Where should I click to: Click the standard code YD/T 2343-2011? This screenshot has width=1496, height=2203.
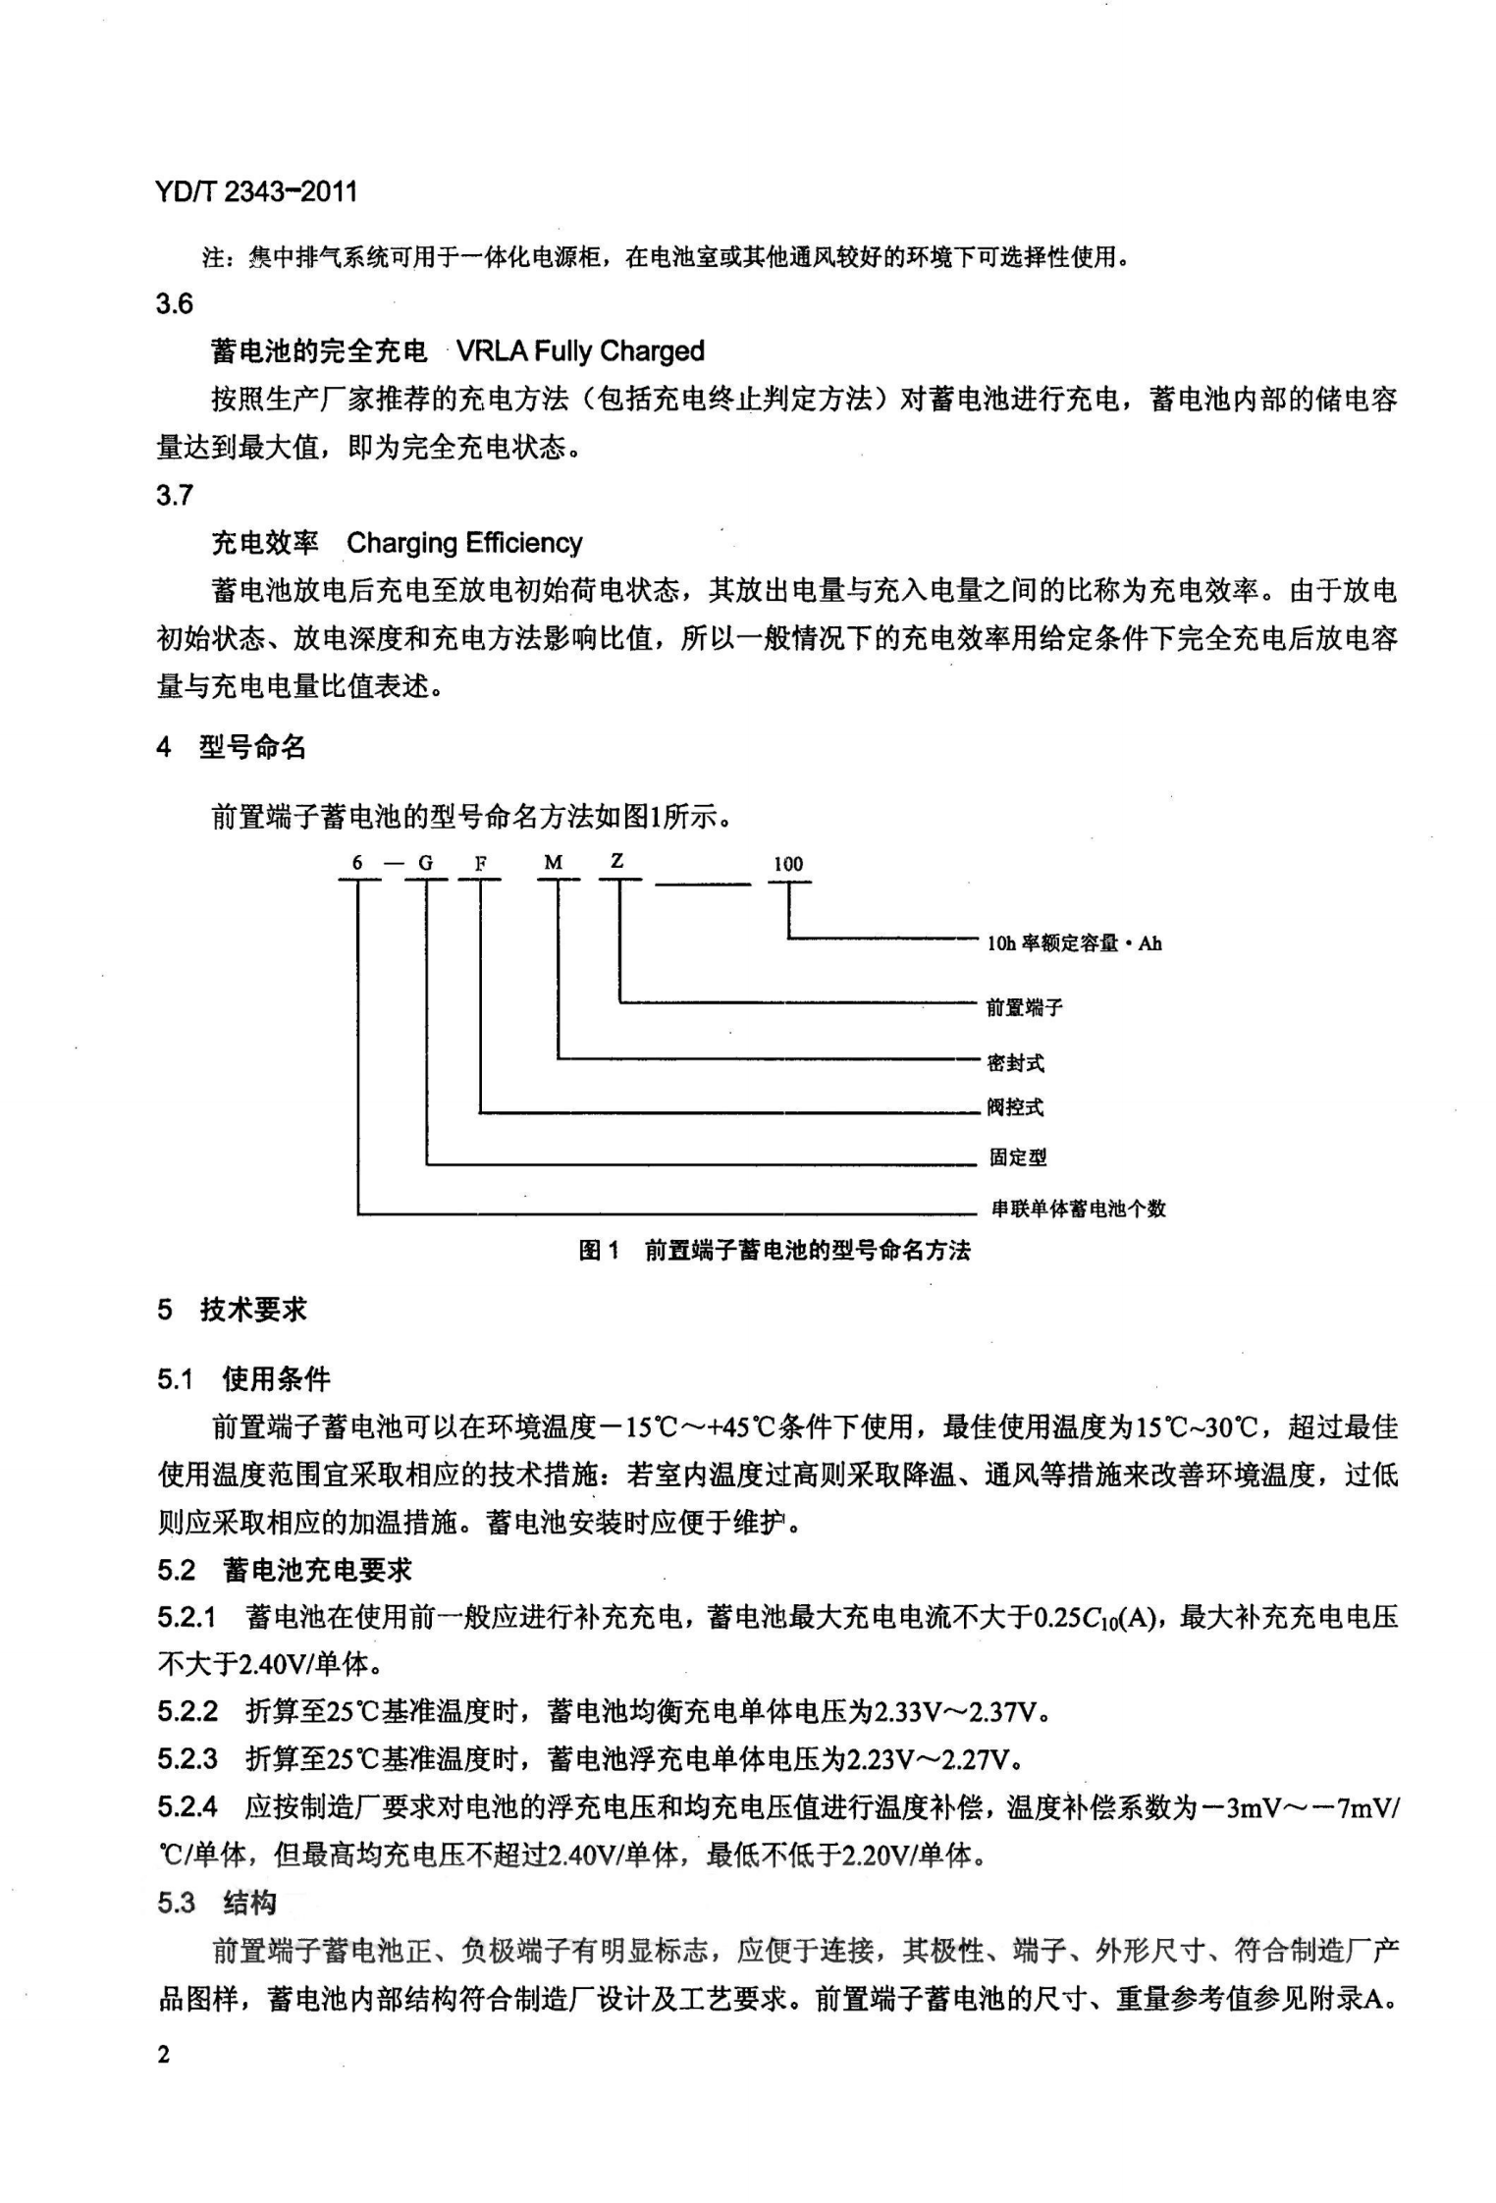click(255, 190)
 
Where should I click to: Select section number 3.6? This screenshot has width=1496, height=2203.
click(175, 304)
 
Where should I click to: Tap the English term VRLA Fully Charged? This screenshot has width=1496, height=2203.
click(580, 351)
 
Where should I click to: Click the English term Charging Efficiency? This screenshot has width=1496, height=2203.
click(464, 543)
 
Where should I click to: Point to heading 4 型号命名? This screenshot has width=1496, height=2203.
click(232, 748)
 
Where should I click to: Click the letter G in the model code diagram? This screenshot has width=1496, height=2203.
click(426, 863)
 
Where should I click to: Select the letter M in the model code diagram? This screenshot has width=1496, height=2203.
click(554, 863)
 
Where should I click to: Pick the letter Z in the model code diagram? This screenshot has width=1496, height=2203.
click(617, 861)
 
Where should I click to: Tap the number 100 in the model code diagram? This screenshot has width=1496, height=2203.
click(788, 864)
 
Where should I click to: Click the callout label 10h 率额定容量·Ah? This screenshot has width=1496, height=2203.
click(1074, 943)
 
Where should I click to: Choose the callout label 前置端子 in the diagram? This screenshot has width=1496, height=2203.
click(1025, 1007)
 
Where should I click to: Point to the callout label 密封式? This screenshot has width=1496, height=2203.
click(1015, 1062)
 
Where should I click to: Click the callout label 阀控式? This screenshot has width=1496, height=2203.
click(1015, 1107)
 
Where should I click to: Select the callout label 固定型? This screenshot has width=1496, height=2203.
click(1018, 1157)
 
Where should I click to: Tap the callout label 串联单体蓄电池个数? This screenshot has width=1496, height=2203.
click(1078, 1209)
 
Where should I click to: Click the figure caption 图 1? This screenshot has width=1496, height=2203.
click(599, 1250)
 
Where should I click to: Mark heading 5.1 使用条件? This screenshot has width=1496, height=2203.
click(243, 1379)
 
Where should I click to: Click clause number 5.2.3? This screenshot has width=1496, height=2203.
click(187, 1758)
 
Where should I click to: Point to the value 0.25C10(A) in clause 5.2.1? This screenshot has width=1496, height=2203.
click(1098, 1617)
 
